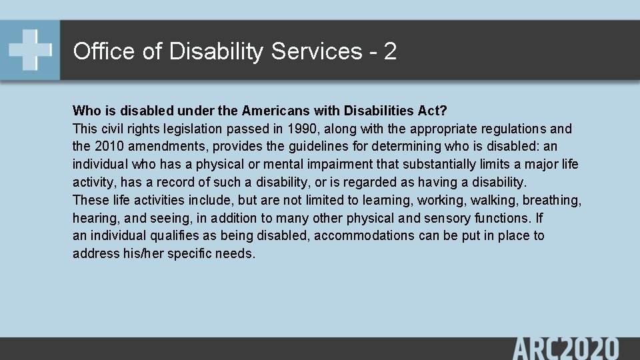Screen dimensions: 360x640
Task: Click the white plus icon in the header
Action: coord(30,50)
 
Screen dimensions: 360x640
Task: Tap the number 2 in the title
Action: coord(390,51)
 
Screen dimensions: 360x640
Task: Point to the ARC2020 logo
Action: coord(565,349)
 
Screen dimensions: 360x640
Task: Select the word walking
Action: coord(495,200)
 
